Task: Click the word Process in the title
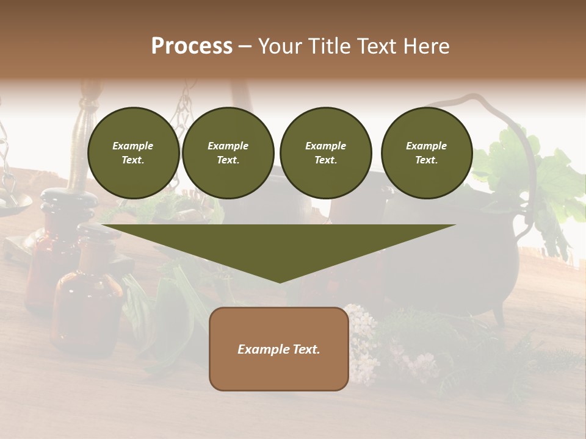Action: click(192, 46)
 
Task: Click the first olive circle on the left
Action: click(133, 153)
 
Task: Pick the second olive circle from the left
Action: click(228, 153)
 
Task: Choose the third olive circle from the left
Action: click(325, 153)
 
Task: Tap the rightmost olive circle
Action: click(426, 153)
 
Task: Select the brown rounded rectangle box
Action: click(279, 349)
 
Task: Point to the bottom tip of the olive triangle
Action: click(280, 281)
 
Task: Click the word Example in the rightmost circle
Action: click(426, 146)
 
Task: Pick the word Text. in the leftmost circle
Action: click(133, 160)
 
